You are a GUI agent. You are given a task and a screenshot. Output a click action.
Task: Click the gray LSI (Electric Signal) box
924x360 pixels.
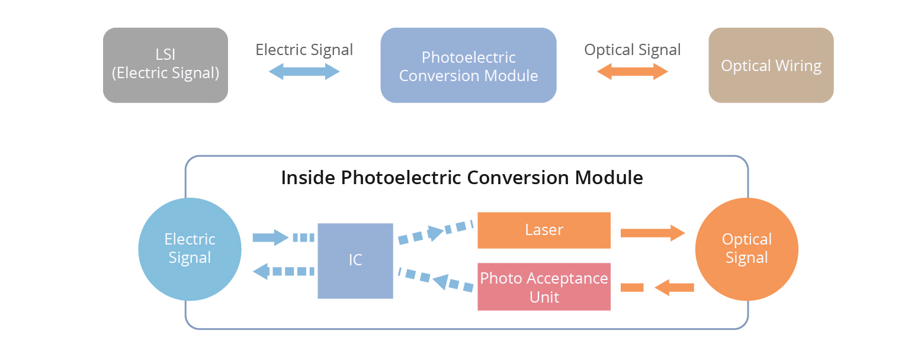coord(165,65)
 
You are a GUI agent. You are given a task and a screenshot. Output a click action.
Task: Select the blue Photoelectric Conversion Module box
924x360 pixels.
coord(468,65)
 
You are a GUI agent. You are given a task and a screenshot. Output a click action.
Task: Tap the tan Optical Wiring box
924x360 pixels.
coord(771,65)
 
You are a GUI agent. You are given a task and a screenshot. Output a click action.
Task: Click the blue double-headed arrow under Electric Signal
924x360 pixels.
coord(304,72)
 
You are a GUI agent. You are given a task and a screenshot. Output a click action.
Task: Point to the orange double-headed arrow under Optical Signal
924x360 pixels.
coord(632,72)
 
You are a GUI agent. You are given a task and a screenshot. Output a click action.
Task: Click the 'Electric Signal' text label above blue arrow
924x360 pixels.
coord(304,50)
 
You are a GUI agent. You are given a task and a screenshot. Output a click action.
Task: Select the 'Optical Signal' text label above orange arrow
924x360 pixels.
coord(632,50)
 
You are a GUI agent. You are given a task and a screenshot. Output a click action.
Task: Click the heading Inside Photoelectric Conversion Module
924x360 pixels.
coord(461,178)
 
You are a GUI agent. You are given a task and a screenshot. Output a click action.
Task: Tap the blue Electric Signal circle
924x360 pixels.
coord(190,249)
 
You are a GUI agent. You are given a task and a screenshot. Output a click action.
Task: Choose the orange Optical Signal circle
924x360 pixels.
coord(746,249)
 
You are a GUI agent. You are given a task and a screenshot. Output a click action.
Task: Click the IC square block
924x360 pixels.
coord(355,261)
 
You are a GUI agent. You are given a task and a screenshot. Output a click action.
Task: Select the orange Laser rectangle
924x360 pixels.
coord(544,230)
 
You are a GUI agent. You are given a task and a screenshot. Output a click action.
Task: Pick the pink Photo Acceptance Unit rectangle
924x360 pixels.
coord(544,287)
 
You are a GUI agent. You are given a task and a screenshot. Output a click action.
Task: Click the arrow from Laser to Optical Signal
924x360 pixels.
coord(652,233)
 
